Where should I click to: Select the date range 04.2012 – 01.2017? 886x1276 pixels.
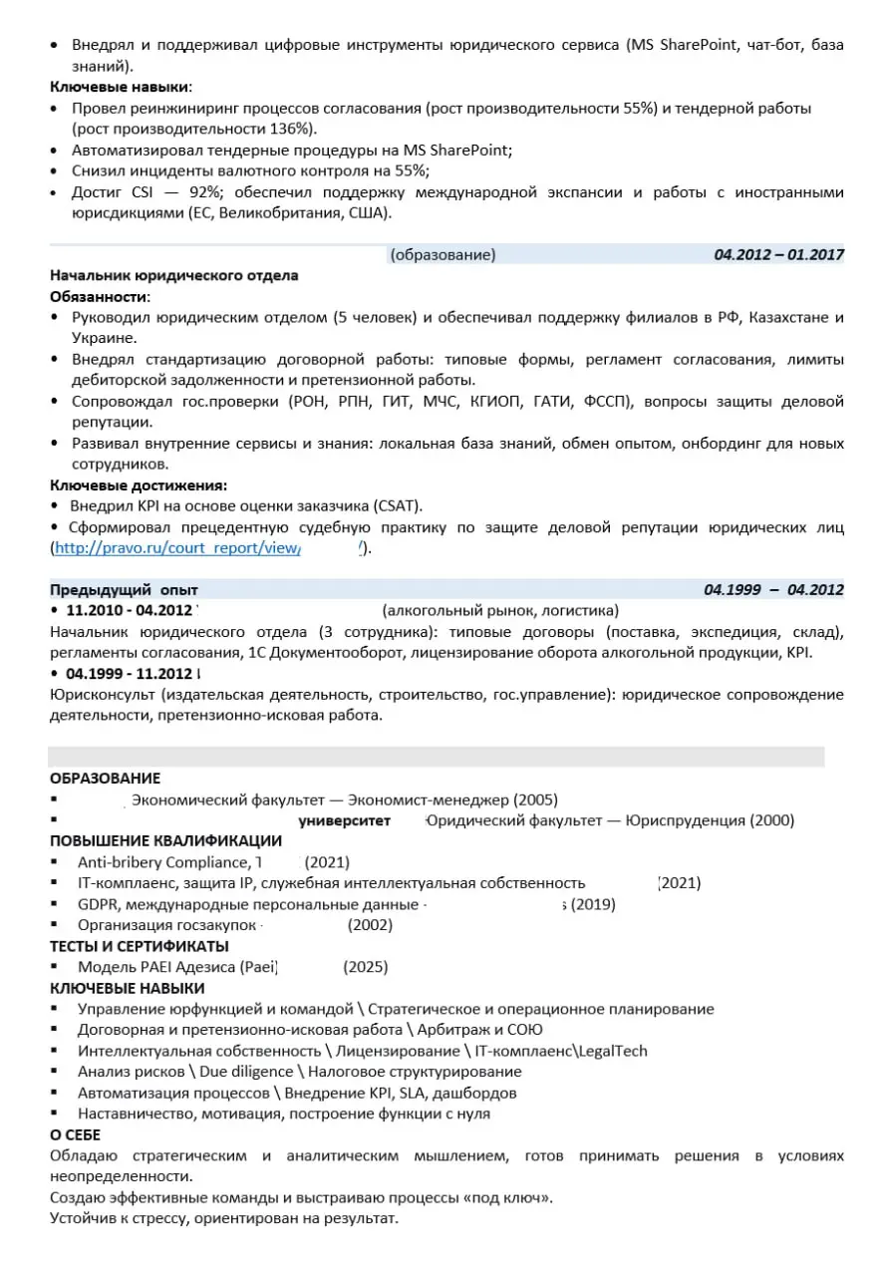point(778,254)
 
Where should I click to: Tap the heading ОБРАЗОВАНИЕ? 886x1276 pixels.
point(105,779)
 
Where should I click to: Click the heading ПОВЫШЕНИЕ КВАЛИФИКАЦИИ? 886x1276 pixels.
point(165,840)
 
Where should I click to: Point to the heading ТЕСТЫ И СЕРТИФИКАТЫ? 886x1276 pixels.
point(140,946)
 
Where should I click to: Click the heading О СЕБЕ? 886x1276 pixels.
point(76,1134)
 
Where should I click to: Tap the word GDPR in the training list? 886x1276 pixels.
point(98,904)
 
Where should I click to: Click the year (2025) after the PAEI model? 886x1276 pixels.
point(366,967)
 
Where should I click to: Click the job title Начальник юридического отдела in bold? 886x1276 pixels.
point(174,275)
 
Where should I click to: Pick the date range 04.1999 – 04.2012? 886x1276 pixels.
point(773,589)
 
